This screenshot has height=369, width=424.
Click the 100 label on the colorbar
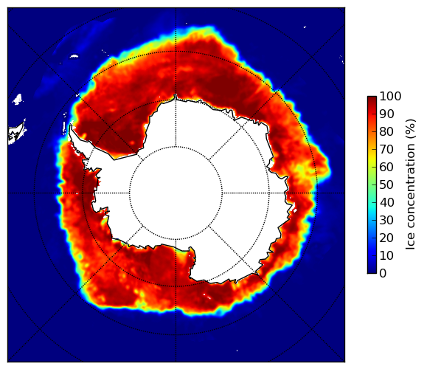tap(390, 97)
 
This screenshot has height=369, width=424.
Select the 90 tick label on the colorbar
tap(386, 114)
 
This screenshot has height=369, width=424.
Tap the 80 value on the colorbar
tap(386, 132)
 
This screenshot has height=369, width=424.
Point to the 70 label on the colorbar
tap(386, 149)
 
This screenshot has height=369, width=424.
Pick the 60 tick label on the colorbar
tap(386, 167)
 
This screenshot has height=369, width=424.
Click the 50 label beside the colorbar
tap(386, 185)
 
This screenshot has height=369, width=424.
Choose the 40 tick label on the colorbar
tap(386, 202)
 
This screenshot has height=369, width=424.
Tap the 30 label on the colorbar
tap(386, 220)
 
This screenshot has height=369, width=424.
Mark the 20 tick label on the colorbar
tap(386, 238)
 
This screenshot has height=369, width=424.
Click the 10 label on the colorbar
tap(386, 255)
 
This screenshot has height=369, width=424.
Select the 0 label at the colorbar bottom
tap(383, 274)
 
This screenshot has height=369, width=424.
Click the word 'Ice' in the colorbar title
tap(411, 243)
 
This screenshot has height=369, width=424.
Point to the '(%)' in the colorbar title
tap(411, 129)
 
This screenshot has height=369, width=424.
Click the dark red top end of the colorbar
tap(372, 98)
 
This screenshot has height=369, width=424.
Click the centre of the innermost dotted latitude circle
tap(175, 193)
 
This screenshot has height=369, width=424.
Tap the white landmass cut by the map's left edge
tap(17, 134)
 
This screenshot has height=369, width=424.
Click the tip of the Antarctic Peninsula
tap(71, 125)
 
